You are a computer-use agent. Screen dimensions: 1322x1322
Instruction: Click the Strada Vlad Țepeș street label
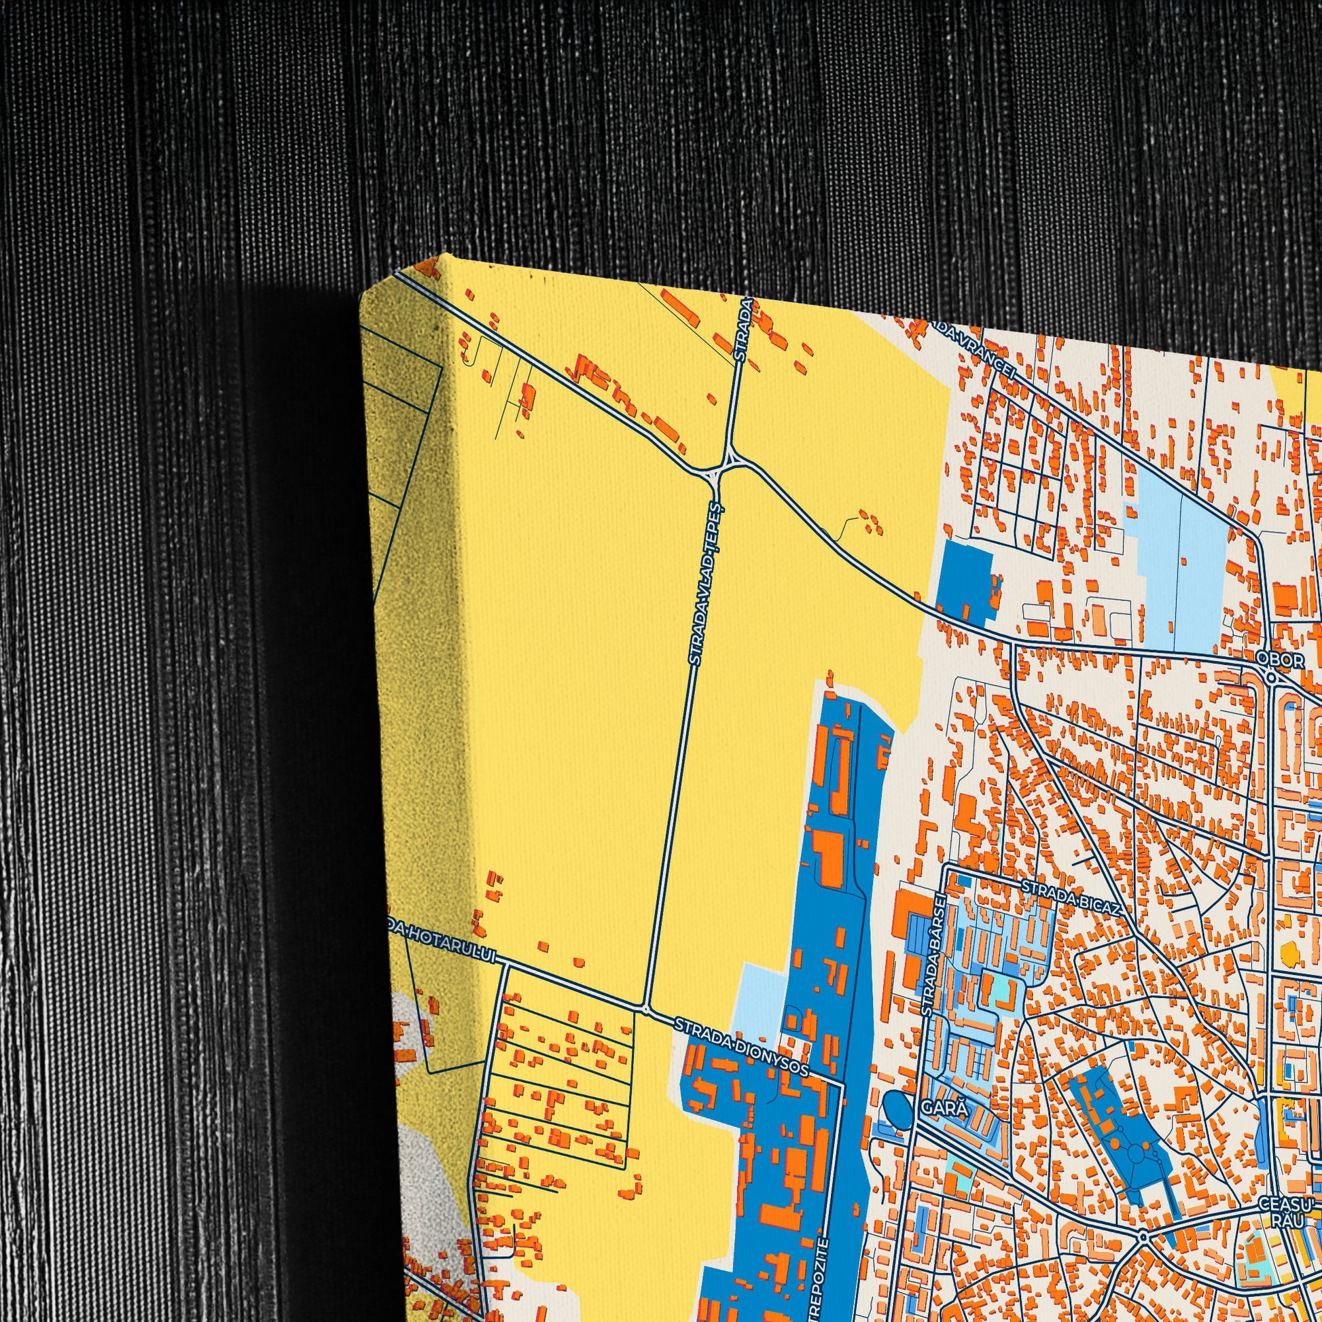point(703,585)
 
